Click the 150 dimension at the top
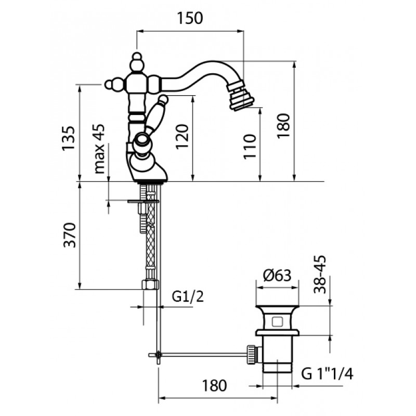190,18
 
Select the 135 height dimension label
69,138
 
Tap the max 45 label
100,149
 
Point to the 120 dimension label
182,137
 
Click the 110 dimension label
250,147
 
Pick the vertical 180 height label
283,126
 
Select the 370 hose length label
70,235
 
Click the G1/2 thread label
188,296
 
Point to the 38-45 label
320,275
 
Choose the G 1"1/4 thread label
327,374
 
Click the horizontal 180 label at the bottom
214,385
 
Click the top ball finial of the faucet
137,56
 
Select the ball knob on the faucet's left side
109,84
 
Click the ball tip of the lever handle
163,100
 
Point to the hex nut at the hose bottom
150,284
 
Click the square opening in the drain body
277,322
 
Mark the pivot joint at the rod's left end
159,355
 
